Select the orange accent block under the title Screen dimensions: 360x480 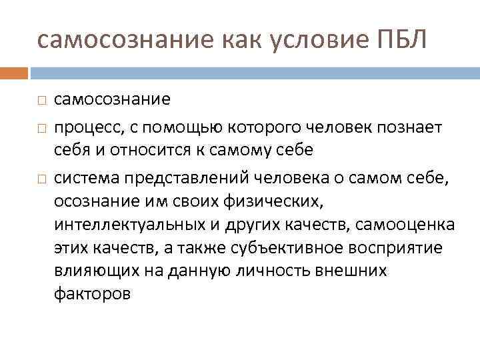(14, 72)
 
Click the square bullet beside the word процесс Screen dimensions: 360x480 (41, 126)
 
